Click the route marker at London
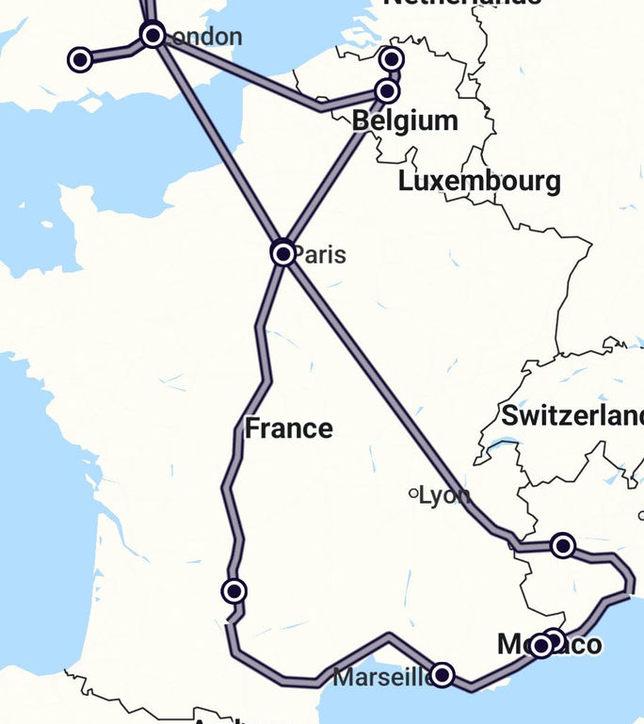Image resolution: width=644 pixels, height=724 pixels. click(x=153, y=36)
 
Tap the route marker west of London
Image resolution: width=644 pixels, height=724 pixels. click(x=81, y=60)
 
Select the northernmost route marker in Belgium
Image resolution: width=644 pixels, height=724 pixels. click(x=392, y=60)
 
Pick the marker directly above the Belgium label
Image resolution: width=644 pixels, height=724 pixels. click(x=387, y=91)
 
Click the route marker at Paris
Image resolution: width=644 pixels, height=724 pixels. click(x=282, y=253)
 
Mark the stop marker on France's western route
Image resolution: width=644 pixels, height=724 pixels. click(x=234, y=591)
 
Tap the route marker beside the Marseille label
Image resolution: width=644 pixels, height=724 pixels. click(x=442, y=675)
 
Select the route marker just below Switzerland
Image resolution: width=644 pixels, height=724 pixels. click(x=563, y=545)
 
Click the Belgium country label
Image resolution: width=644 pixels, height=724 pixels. click(x=405, y=121)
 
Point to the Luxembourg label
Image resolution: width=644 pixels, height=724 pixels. click(x=479, y=181)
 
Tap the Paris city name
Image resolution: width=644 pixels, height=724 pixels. click(x=319, y=255)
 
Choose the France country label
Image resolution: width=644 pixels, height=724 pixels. click(x=289, y=428)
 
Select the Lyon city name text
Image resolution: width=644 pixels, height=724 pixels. click(x=444, y=495)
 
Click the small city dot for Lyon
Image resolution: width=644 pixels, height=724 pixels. click(x=413, y=492)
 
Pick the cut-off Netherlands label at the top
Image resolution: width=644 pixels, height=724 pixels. click(x=461, y=3)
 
